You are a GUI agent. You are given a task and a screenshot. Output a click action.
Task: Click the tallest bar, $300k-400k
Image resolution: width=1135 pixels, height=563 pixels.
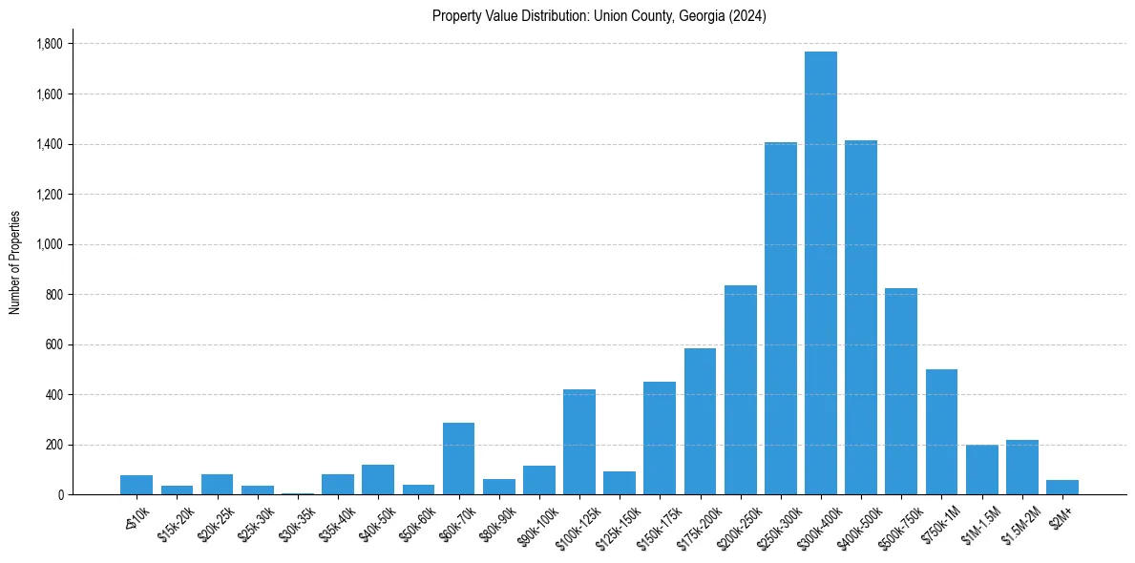click(x=820, y=273)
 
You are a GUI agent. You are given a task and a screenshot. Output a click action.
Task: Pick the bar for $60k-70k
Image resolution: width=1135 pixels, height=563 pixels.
click(x=458, y=458)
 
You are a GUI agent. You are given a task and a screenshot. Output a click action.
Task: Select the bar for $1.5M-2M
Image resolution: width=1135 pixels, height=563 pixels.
click(x=1021, y=467)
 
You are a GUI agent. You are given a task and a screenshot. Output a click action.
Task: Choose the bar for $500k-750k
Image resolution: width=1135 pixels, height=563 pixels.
click(x=900, y=391)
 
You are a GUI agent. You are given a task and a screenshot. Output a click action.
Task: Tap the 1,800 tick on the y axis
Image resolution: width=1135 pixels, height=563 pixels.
click(x=49, y=44)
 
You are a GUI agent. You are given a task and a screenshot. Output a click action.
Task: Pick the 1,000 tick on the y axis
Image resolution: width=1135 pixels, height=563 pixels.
click(x=49, y=244)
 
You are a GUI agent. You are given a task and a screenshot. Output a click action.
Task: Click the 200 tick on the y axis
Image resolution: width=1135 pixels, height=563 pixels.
click(x=53, y=445)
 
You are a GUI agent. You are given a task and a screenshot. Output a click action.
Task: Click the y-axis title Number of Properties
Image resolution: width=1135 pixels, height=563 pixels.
click(x=15, y=261)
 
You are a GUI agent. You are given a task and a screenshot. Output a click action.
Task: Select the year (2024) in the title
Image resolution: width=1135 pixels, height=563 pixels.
click(x=746, y=16)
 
